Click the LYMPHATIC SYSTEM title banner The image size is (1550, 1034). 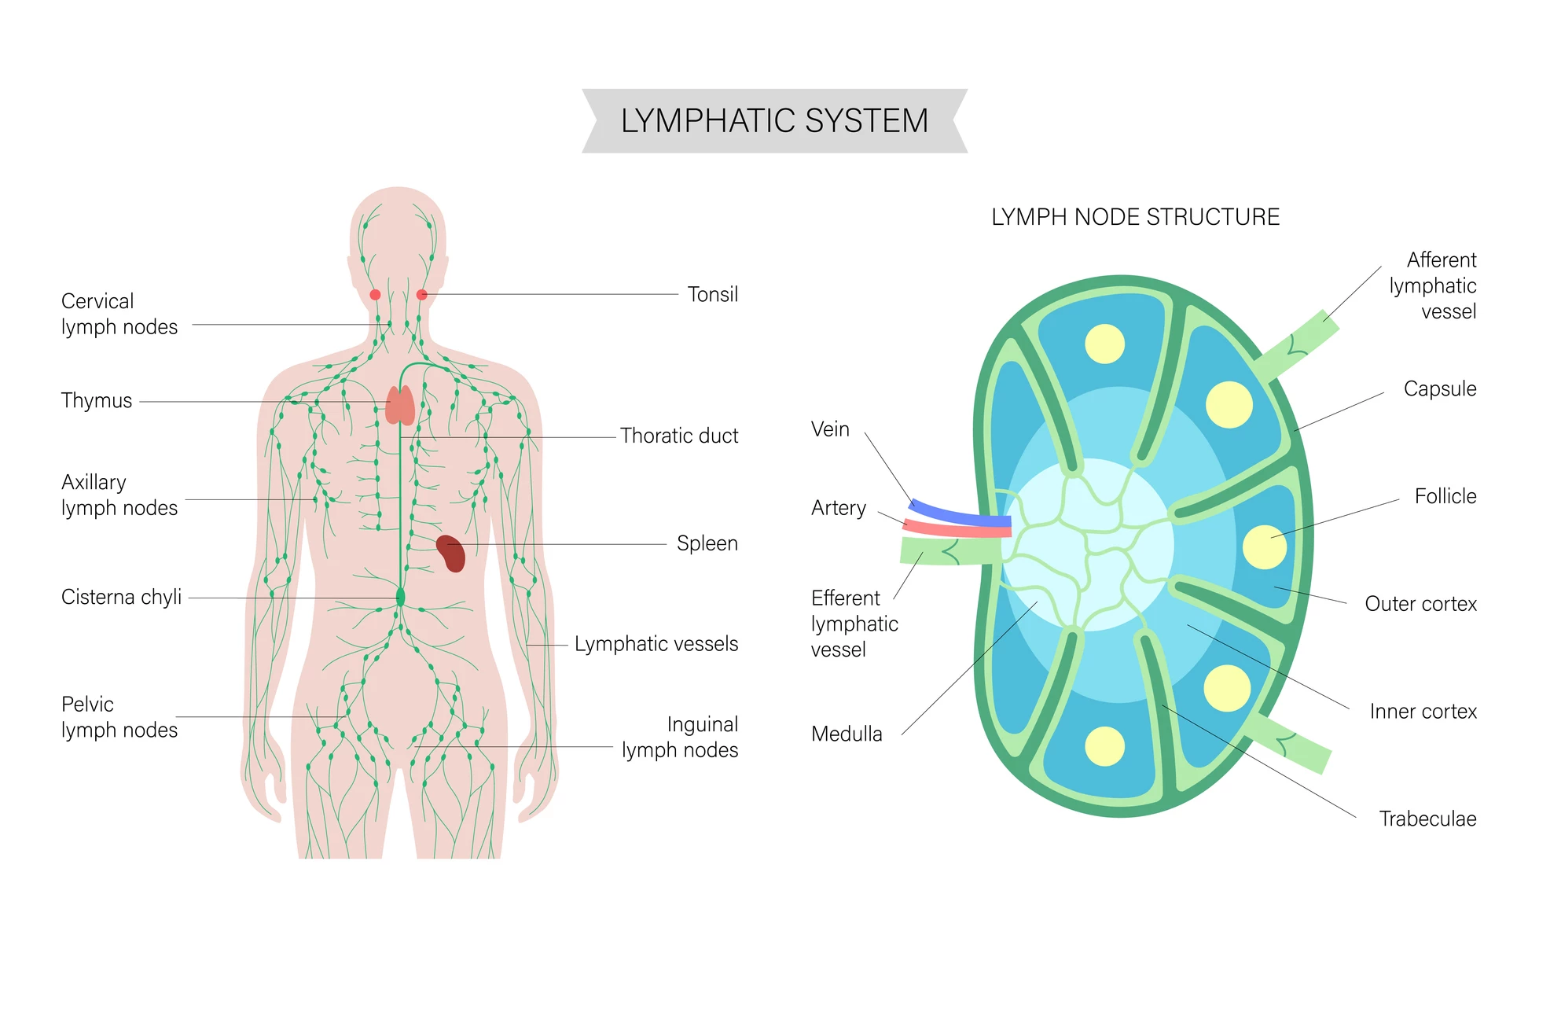774,121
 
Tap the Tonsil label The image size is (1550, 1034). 712,295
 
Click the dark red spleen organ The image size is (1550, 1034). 451,553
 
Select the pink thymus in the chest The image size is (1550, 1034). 400,406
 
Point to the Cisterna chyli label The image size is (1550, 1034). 121,598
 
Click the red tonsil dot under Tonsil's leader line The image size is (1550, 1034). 422,295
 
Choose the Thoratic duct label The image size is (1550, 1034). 678,436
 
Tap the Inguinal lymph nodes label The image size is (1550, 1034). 681,738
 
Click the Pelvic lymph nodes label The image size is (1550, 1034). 119,717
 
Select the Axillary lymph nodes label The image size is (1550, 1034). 119,495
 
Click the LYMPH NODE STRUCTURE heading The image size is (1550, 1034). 1135,217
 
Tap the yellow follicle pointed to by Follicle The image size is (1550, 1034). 1264,546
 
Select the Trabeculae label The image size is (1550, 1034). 1427,819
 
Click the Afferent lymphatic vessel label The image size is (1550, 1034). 1434,286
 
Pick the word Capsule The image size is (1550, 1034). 1439,389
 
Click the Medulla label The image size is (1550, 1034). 847,734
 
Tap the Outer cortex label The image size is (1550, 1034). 1420,604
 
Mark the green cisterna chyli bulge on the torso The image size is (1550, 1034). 400,597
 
